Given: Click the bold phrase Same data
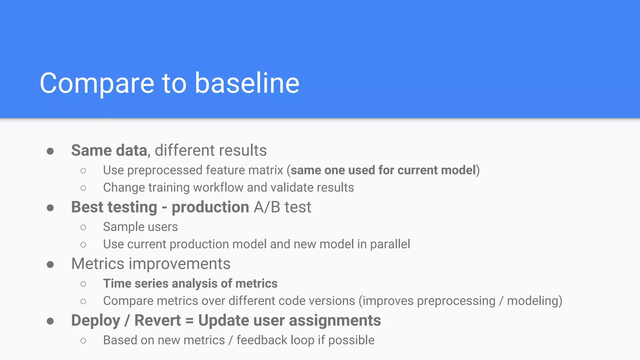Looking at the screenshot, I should click(109, 150).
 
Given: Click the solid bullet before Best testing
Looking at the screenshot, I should click(50, 208).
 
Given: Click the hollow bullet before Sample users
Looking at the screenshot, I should click(83, 227).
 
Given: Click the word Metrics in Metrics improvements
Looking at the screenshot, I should click(98, 264).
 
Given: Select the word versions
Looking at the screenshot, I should click(336, 301).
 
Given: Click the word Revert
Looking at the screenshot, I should click(157, 321).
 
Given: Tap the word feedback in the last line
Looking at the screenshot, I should click(262, 340).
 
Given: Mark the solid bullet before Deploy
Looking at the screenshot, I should click(50, 321).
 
